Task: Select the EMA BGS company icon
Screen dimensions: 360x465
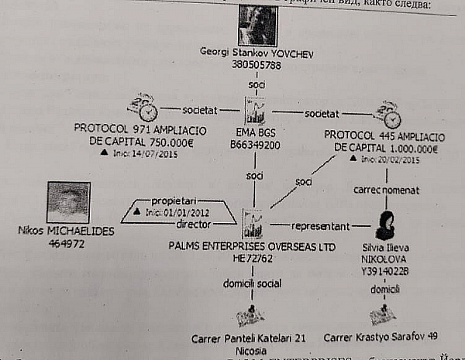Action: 255,110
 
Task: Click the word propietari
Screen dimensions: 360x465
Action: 175,199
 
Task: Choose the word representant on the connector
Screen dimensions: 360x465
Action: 321,226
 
